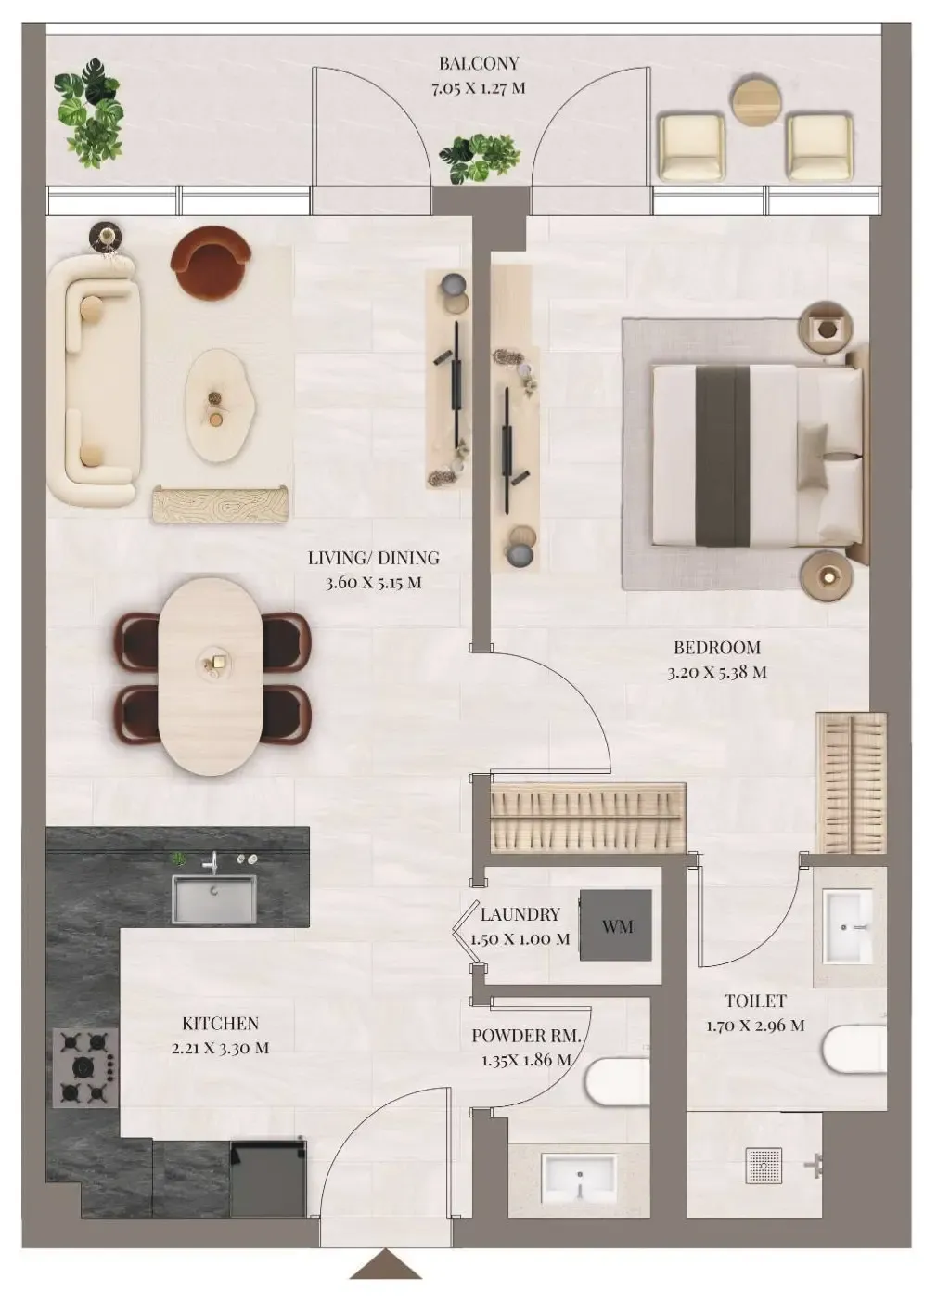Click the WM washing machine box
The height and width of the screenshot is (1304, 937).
click(616, 926)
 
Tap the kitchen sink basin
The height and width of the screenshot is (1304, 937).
click(213, 898)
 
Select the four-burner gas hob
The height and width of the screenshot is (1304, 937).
click(85, 1066)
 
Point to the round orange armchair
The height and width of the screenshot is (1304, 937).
click(211, 263)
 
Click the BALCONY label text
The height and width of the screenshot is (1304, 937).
click(479, 64)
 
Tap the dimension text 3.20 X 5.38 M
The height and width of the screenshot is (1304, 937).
click(717, 672)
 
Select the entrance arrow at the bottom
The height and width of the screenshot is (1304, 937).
click(386, 1264)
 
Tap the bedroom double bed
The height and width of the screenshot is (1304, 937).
click(756, 454)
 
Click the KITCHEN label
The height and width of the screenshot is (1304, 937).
click(220, 1024)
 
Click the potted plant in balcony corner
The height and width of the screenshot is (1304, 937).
click(89, 113)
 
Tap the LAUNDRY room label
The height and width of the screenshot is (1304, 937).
click(520, 914)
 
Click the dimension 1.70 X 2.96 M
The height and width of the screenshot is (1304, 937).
click(755, 1026)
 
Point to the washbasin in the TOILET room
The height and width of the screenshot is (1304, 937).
click(848, 925)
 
